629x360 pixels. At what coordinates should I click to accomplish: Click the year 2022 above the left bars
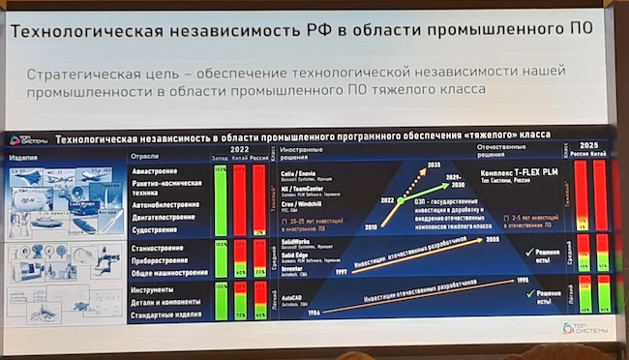pos(241,150)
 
